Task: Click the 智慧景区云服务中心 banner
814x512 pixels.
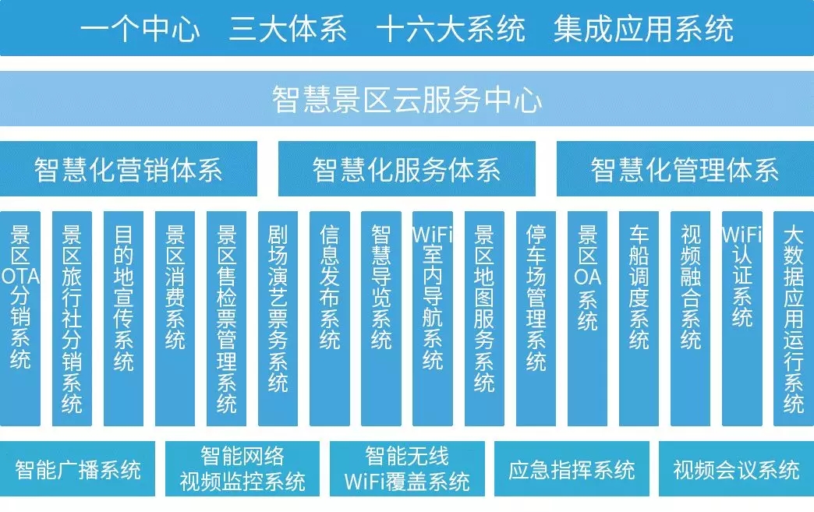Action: (407, 98)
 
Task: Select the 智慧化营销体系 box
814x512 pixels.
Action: (128, 168)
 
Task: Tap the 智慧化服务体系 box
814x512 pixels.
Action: (407, 168)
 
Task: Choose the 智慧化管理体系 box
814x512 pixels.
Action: (685, 168)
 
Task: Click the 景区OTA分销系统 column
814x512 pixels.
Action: (20, 319)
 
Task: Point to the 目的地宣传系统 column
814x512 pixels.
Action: (123, 319)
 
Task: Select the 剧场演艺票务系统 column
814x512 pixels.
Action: (278, 319)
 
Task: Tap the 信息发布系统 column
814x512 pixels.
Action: (330, 319)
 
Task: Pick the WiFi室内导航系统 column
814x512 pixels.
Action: (433, 319)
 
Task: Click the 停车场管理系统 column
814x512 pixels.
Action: (536, 319)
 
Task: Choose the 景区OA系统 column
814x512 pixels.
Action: (587, 319)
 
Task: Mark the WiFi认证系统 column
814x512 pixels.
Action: (742, 319)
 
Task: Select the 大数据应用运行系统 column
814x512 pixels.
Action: (794, 319)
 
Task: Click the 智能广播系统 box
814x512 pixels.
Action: (77, 469)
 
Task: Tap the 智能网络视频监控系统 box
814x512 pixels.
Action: (242, 469)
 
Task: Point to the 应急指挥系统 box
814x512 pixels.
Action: (572, 469)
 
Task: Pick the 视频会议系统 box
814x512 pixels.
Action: (736, 469)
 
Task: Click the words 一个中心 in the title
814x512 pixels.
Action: (140, 29)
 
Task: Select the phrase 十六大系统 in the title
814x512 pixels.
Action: (451, 29)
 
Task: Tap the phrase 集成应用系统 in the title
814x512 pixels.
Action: (643, 29)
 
